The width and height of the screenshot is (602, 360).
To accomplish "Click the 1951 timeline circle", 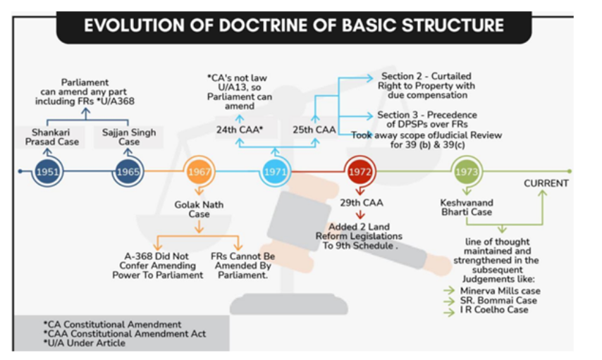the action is pos(47,172).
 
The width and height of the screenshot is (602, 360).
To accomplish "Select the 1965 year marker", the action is pos(128,172).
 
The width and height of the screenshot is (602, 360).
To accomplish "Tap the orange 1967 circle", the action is pos(199,172).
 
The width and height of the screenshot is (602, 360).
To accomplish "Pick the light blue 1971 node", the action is pos(275,172).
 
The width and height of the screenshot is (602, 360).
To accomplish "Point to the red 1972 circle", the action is pos(360,172).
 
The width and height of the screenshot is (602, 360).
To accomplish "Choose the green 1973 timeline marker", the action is pos(467,172).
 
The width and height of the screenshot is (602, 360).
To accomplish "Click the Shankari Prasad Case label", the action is pos(52,137).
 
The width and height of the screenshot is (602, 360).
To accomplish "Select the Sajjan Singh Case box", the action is pos(129,137).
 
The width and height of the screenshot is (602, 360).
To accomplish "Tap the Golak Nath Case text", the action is pos(199,209).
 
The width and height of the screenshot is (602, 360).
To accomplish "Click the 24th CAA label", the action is pos(240,130).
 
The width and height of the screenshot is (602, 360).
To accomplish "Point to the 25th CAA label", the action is pos(314,130).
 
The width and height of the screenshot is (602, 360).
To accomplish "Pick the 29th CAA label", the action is pos(362,203).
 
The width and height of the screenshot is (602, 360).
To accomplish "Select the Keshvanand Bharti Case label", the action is pos(467,207).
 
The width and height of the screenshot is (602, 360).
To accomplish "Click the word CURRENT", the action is pos(546,183).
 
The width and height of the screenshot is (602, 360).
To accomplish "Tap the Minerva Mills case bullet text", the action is pos(500,291).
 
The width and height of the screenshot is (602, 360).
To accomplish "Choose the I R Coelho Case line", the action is pos(494,310).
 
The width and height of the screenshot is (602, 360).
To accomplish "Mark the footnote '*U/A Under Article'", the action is pos(85,342).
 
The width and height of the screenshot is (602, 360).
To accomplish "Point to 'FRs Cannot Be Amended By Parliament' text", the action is pos(242,266).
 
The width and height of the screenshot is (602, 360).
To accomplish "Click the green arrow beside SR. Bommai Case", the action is pos(449,302).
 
